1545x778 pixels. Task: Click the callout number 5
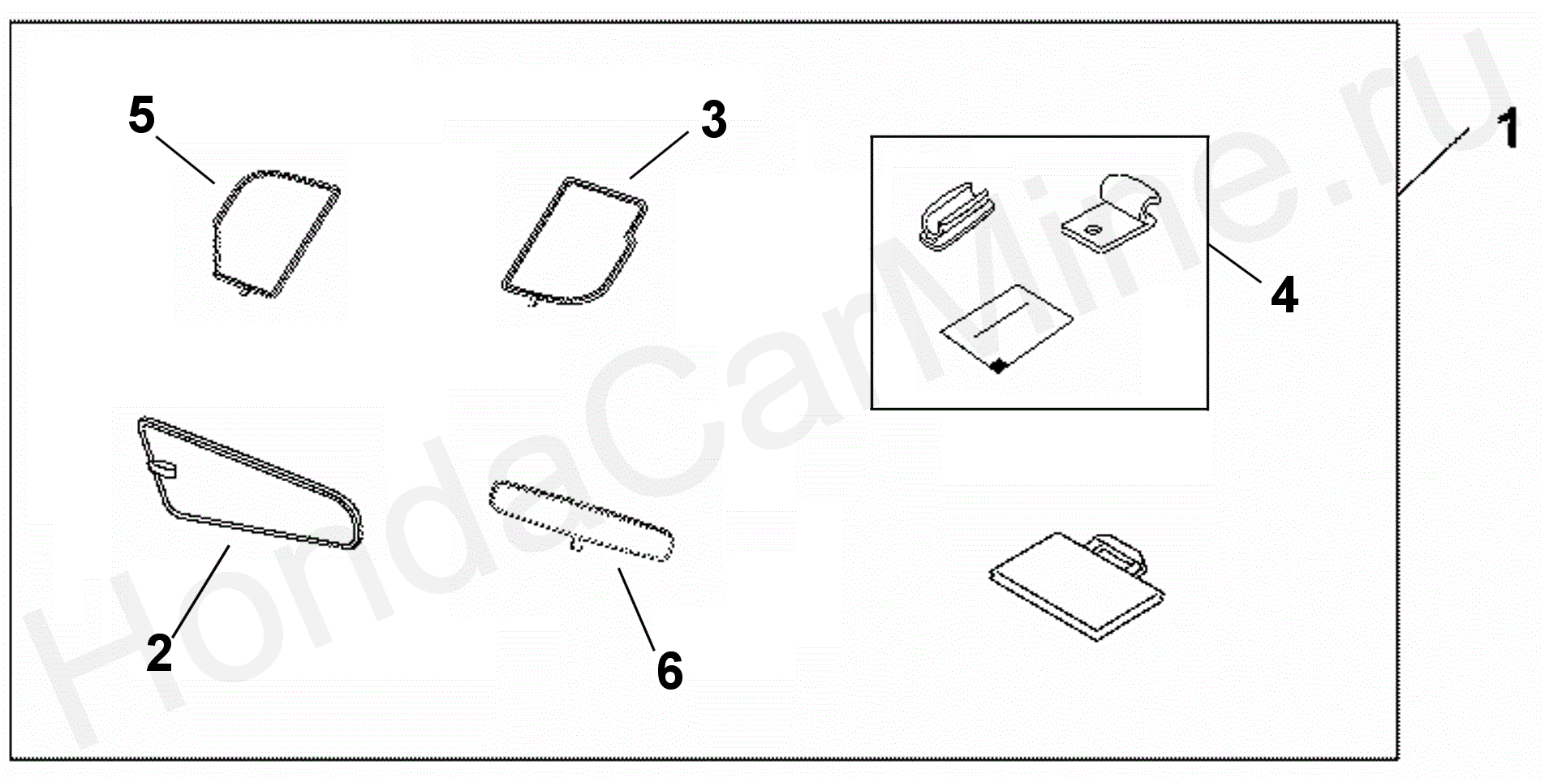(x=141, y=114)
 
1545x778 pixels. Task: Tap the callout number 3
(x=713, y=119)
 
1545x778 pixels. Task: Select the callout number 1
(x=1508, y=130)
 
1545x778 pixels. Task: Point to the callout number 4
(x=1285, y=294)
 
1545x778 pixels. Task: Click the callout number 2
(x=160, y=651)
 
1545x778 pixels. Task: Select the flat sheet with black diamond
(x=1006, y=329)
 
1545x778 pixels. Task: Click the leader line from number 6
(x=636, y=608)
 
